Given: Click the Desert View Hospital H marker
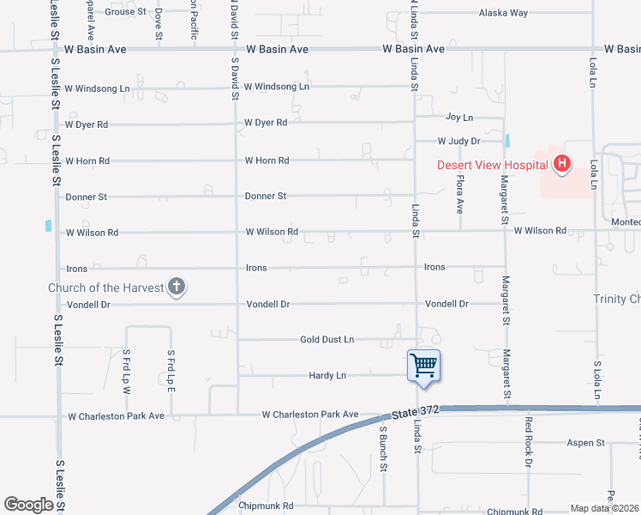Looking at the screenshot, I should (562, 163).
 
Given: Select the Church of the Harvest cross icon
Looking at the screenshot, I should (177, 288).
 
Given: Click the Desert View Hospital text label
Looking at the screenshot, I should (492, 166).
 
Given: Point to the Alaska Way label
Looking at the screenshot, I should (503, 13).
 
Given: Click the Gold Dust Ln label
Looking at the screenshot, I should (326, 340).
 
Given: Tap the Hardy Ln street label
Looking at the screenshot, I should (327, 376).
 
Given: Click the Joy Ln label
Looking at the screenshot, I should (459, 117).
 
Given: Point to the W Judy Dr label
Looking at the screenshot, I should (458, 141).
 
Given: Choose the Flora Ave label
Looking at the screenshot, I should (460, 195).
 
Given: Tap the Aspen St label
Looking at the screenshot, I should (586, 443).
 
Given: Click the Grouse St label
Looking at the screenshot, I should (125, 12).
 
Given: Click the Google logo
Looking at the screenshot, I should (28, 505).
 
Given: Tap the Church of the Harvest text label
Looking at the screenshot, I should (105, 288).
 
